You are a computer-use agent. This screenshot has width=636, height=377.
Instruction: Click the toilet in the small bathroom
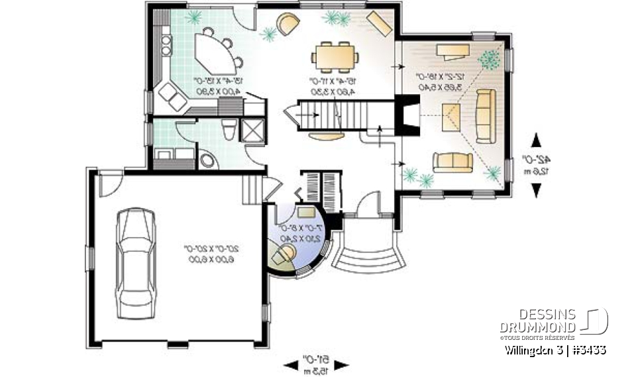tap(228, 129)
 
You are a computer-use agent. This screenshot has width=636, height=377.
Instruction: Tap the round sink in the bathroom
tap(207, 160)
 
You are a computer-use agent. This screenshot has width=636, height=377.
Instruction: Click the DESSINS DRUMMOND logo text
tap(537, 321)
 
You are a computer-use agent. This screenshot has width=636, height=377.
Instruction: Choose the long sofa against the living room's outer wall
tap(484, 118)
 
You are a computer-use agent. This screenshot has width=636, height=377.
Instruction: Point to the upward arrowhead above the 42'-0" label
tap(537, 140)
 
